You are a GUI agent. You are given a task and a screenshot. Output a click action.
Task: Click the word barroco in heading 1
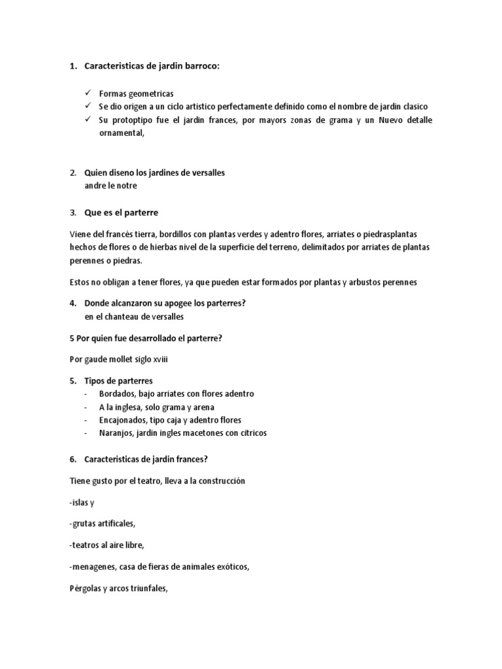point(195,66)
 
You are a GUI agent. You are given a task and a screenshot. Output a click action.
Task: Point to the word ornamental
point(121,133)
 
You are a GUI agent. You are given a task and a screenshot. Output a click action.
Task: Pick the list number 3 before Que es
point(73,213)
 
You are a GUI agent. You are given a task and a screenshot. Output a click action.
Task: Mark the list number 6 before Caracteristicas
point(73,459)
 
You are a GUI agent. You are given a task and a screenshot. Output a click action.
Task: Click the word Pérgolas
point(86,588)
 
